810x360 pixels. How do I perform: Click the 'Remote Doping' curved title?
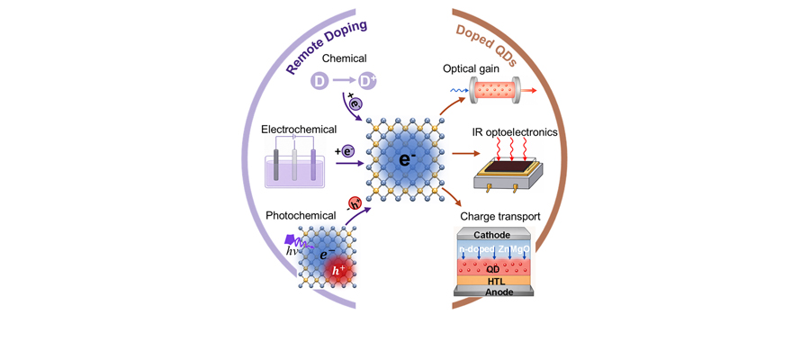(x=327, y=48)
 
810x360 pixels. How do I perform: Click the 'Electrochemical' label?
(x=292, y=129)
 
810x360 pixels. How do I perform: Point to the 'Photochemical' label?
(x=292, y=215)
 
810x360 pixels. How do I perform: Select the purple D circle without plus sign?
(x=319, y=81)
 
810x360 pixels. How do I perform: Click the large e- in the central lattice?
(x=407, y=159)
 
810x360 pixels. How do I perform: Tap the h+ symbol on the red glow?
(x=339, y=269)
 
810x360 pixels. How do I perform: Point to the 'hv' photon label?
(x=292, y=252)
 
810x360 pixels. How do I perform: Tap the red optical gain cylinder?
(x=495, y=91)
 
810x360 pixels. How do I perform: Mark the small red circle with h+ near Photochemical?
(x=355, y=203)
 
